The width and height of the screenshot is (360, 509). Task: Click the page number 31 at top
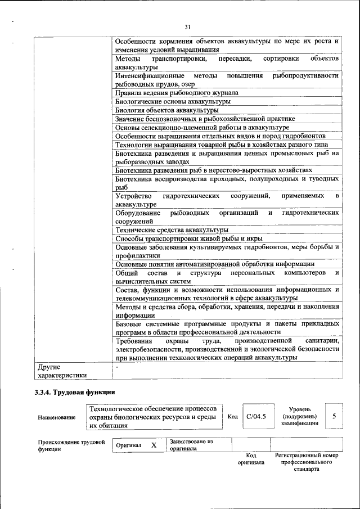pos(188,26)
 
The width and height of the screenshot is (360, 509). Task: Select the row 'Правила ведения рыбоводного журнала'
pos(177,93)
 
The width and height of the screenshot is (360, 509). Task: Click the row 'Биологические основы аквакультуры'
pos(172,102)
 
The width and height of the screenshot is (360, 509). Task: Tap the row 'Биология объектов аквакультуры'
pos(167,110)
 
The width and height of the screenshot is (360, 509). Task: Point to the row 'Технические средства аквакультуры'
pos(172,229)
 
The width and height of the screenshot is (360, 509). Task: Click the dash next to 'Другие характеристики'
pos(117,367)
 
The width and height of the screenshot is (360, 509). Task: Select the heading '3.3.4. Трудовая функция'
pos(74,392)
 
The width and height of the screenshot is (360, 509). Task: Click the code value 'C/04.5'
pos(256,417)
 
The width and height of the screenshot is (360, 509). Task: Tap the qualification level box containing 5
pos(334,416)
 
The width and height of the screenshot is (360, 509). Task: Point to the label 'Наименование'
pos(56,417)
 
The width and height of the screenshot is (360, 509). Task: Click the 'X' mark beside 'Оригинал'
pos(153,445)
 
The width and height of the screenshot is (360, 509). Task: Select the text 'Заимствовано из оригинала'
pos(190,445)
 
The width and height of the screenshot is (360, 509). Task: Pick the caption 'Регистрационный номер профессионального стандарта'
pos(306,462)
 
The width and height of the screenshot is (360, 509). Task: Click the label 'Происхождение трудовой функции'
pos(71,445)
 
